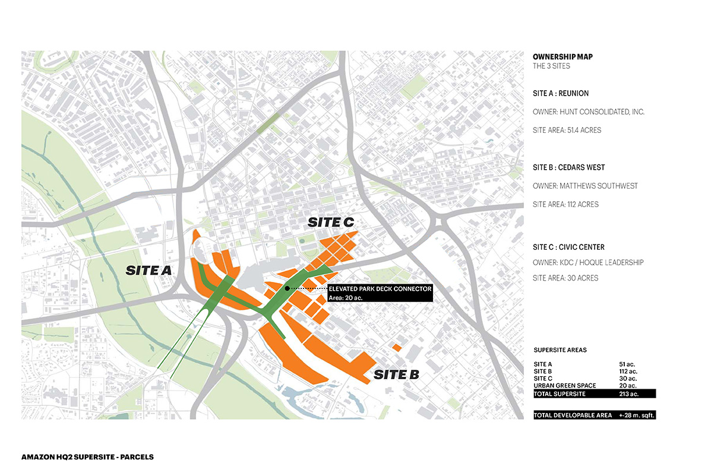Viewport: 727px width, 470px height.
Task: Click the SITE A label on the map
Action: (148, 271)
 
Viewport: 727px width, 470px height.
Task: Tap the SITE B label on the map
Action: (396, 374)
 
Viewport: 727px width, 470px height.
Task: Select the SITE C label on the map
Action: (331, 222)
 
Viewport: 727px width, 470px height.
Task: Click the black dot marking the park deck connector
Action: (287, 288)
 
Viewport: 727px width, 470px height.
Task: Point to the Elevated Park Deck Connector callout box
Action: (380, 293)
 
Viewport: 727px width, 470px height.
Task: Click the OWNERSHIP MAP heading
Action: (562, 57)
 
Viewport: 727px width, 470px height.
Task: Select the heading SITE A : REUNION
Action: (561, 94)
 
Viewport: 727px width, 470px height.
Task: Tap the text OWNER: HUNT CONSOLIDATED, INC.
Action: (588, 112)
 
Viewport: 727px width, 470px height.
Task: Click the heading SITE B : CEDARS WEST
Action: (568, 167)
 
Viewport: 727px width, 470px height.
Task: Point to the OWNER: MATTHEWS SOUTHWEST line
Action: (585, 186)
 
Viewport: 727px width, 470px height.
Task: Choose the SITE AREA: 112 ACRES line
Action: (565, 204)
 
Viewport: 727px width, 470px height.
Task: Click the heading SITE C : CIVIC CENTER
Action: (568, 247)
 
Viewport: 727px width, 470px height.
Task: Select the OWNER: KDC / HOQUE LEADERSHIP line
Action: (588, 262)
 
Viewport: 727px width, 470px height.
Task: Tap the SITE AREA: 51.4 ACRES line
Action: (567, 130)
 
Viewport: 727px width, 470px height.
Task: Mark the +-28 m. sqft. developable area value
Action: (636, 415)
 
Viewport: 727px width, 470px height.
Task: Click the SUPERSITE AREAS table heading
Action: (560, 350)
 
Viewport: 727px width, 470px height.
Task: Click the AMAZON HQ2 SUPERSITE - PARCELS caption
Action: (87, 457)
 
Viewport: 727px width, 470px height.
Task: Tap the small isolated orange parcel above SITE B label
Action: (396, 347)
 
